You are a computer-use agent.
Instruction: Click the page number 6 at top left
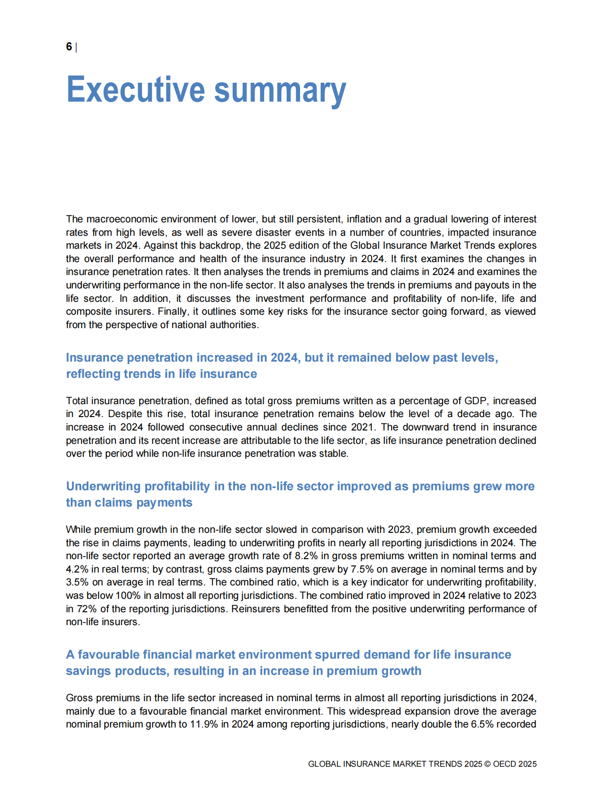69,47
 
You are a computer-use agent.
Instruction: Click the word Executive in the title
135,90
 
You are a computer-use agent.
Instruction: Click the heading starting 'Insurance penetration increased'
282,365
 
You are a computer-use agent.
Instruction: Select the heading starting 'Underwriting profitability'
300,494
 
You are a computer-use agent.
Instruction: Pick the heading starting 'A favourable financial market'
288,662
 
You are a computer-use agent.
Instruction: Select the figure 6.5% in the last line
482,724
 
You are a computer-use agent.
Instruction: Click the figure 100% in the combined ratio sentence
128,595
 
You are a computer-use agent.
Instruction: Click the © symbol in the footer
487,764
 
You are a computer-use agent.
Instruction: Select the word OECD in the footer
504,764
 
